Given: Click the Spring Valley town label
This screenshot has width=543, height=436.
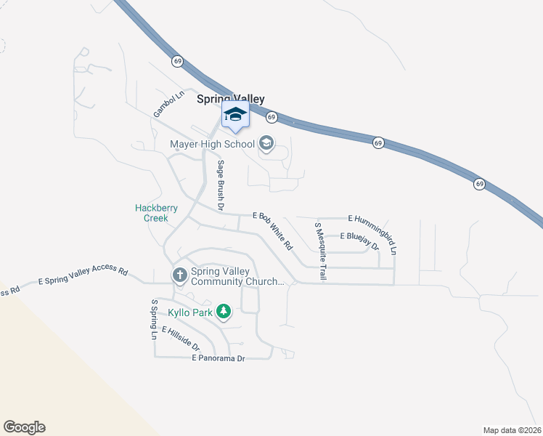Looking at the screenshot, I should pyautogui.click(x=231, y=99).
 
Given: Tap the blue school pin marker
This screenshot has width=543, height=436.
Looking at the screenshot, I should pyautogui.click(x=235, y=116).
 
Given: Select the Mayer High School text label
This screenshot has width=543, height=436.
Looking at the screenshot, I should pyautogui.click(x=213, y=144).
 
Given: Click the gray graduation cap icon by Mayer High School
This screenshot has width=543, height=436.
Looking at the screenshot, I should pyautogui.click(x=266, y=143).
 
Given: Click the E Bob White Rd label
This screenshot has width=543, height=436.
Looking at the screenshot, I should pyautogui.click(x=273, y=230).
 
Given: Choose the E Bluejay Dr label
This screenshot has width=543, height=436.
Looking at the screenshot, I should pyautogui.click(x=359, y=241).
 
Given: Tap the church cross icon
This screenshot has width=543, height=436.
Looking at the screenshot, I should pyautogui.click(x=179, y=275).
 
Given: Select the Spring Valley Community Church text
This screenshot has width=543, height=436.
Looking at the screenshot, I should pyautogui.click(x=237, y=277).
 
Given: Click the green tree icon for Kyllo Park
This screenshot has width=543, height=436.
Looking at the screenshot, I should pyautogui.click(x=224, y=312).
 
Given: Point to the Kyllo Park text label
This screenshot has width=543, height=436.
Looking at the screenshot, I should pyautogui.click(x=190, y=312).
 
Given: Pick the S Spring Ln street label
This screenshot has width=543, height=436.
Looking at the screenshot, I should pyautogui.click(x=154, y=319).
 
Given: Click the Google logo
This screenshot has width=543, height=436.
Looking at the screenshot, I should pyautogui.click(x=24, y=427).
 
